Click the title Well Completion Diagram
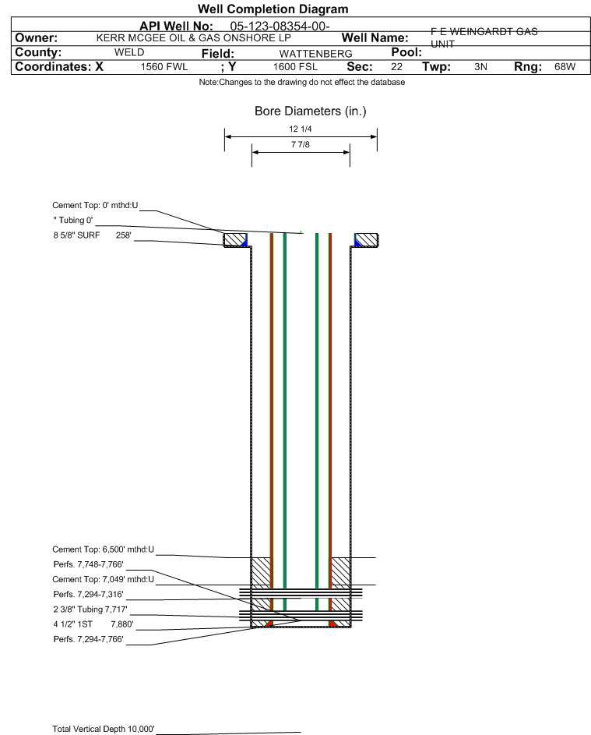tap(273, 9)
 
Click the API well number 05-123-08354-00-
tap(280, 27)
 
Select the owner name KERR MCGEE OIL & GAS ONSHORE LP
tap(193, 38)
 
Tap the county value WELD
tap(129, 52)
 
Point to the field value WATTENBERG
tap(315, 54)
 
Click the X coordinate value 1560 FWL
tap(164, 67)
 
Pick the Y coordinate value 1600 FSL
tap(295, 67)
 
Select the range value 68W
tap(565, 66)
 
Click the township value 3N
tap(480, 66)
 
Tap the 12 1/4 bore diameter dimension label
tap(301, 129)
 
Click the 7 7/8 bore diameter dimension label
tap(301, 144)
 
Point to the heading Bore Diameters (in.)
tap(311, 111)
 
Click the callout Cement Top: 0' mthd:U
tap(95, 205)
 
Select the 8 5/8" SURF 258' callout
tap(92, 235)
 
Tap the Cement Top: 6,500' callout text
tap(103, 549)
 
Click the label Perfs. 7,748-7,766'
tap(89, 564)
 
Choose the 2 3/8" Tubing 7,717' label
tap(90, 610)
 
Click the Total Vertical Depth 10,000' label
tap(104, 729)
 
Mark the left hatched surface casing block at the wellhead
tap(235, 239)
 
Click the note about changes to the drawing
tap(302, 82)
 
